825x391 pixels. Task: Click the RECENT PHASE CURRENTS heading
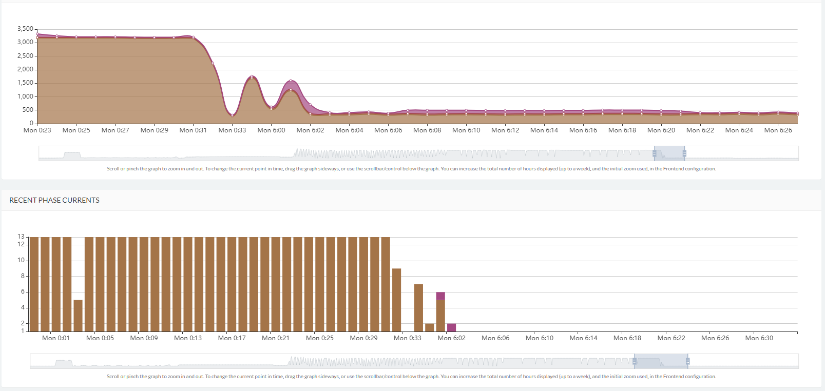(x=54, y=200)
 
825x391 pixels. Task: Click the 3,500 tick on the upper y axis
(x=25, y=29)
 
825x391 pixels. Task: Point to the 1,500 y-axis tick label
(x=25, y=83)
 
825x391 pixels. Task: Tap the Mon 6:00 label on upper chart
(x=271, y=130)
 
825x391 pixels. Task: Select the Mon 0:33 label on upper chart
(x=232, y=130)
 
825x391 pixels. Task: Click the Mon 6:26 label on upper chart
(x=778, y=130)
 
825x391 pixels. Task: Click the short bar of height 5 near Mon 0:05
(x=78, y=316)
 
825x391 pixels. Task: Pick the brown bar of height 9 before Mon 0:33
(x=396, y=300)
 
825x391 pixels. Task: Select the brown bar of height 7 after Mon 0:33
(x=418, y=308)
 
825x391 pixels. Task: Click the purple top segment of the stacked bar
(x=440, y=296)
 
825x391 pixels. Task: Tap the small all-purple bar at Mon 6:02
(x=451, y=328)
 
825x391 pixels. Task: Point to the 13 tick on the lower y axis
(x=21, y=237)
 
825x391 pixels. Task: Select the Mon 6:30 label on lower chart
(x=759, y=338)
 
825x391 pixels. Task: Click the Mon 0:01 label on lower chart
(x=55, y=338)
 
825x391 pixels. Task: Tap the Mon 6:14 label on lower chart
(x=583, y=338)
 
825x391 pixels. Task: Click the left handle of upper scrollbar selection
(x=654, y=153)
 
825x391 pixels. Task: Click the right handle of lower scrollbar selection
(x=687, y=361)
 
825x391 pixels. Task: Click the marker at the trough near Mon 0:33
(x=232, y=115)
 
